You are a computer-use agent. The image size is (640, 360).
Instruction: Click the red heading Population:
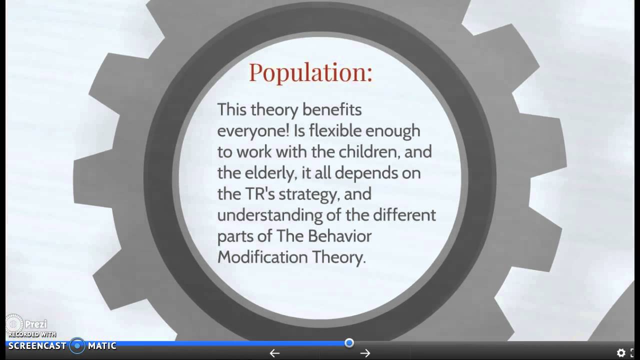310,72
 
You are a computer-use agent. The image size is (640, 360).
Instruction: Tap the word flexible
336,131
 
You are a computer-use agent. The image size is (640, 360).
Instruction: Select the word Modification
262,257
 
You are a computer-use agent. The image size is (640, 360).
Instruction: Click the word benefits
331,109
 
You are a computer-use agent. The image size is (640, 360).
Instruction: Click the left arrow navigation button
274,353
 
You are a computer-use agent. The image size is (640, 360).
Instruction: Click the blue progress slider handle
349,343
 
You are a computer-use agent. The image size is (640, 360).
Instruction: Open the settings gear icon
621,353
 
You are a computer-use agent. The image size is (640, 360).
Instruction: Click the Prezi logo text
35,324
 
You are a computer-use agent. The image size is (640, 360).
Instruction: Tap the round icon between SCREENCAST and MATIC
77,345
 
